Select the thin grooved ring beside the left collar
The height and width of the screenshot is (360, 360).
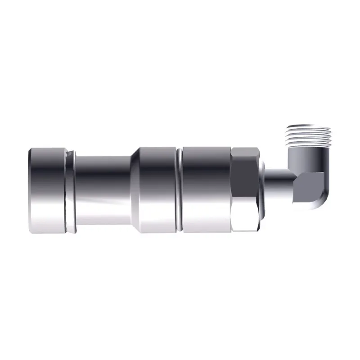click(x=68, y=191)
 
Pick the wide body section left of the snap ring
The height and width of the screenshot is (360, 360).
click(x=157, y=189)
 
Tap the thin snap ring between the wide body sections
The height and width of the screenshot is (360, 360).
click(x=180, y=189)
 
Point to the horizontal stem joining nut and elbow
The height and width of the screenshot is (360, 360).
click(x=279, y=178)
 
